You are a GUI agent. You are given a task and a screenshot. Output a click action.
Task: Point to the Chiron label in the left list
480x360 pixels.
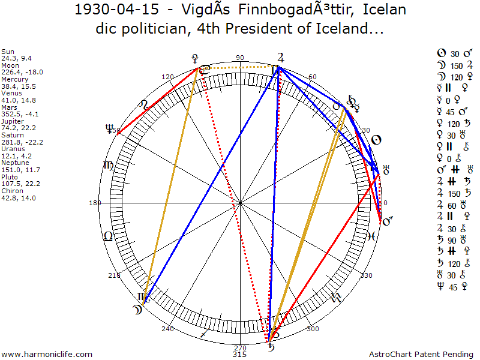pos(12,191)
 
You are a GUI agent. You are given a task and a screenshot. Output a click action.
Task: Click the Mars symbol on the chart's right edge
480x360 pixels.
pos(387,222)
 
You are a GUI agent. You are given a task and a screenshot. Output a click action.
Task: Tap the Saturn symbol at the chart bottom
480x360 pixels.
pos(271,346)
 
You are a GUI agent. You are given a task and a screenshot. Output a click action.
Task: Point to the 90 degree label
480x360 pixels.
pos(240,58)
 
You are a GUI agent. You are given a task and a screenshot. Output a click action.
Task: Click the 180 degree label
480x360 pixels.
pos(95,203)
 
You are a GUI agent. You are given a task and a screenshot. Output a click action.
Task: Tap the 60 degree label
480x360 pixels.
pos(312,77)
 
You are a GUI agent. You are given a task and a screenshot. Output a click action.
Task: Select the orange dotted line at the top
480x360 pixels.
pos(240,68)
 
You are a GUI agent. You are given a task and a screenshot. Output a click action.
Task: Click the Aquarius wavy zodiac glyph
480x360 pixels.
pos(336,297)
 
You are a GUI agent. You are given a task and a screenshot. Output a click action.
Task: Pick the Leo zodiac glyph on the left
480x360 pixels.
pos(108,236)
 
